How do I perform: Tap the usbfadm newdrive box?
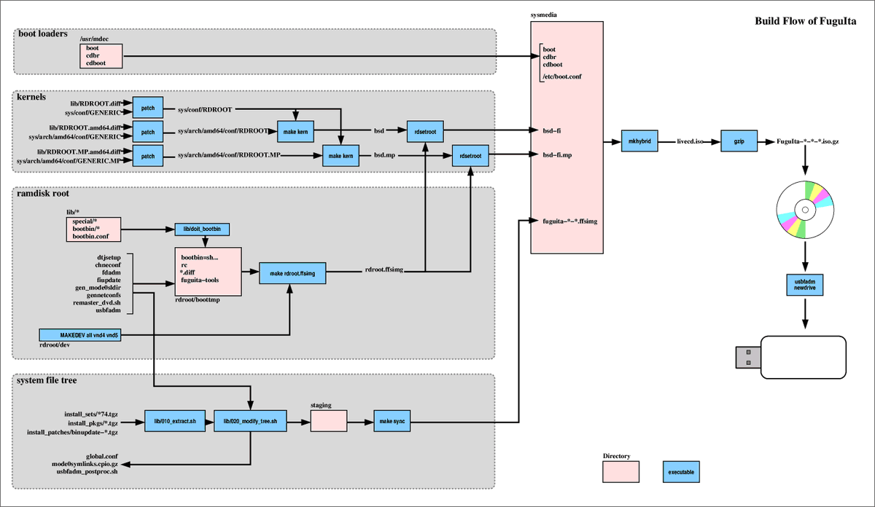(805, 284)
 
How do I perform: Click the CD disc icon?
(805, 210)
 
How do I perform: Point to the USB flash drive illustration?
(790, 357)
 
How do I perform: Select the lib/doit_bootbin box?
(203, 229)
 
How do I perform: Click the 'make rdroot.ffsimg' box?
(292, 273)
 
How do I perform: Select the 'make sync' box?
(393, 422)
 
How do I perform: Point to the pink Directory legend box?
(621, 472)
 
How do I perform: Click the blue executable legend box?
(681, 472)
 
